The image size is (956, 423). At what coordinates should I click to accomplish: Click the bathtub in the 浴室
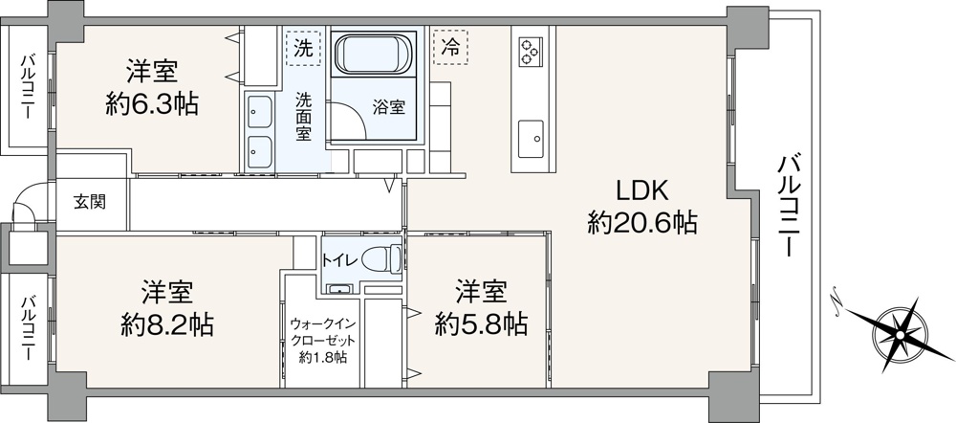click(373, 55)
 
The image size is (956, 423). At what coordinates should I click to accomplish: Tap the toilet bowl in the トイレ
click(381, 258)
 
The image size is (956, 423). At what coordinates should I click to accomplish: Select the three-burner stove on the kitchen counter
click(529, 51)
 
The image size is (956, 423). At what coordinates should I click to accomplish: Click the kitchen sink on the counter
click(531, 139)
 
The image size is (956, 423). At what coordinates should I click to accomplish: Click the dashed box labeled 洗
click(303, 48)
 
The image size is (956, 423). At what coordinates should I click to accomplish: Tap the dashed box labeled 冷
click(450, 47)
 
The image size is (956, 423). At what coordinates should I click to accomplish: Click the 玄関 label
click(90, 202)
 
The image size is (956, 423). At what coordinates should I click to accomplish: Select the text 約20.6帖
click(642, 223)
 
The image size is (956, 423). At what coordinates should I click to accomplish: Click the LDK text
click(642, 191)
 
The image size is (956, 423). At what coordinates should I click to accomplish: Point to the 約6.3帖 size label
click(152, 105)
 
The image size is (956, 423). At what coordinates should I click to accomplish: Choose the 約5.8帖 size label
click(481, 324)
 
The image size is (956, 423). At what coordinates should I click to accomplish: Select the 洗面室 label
click(304, 116)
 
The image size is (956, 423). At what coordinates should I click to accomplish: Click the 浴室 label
click(389, 107)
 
